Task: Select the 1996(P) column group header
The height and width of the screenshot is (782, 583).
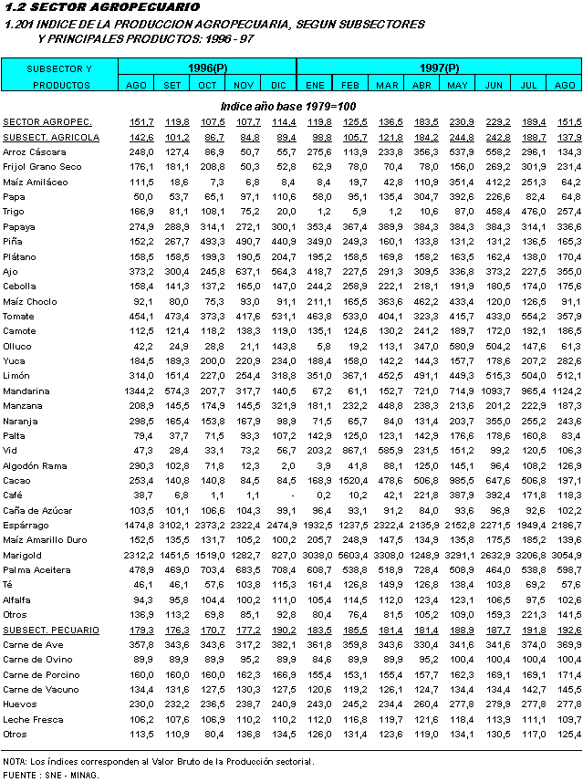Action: (x=207, y=68)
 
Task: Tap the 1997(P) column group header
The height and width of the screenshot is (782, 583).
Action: (x=439, y=68)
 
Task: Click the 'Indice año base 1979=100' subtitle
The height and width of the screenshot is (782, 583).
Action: (x=290, y=106)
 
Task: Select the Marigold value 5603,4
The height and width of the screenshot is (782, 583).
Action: (x=352, y=555)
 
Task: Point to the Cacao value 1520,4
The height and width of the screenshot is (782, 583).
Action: (x=352, y=480)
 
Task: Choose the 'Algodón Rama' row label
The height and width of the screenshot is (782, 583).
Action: (x=36, y=465)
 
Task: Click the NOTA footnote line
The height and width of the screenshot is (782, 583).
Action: (x=158, y=760)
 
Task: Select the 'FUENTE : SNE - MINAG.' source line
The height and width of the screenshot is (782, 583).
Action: (x=51, y=775)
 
